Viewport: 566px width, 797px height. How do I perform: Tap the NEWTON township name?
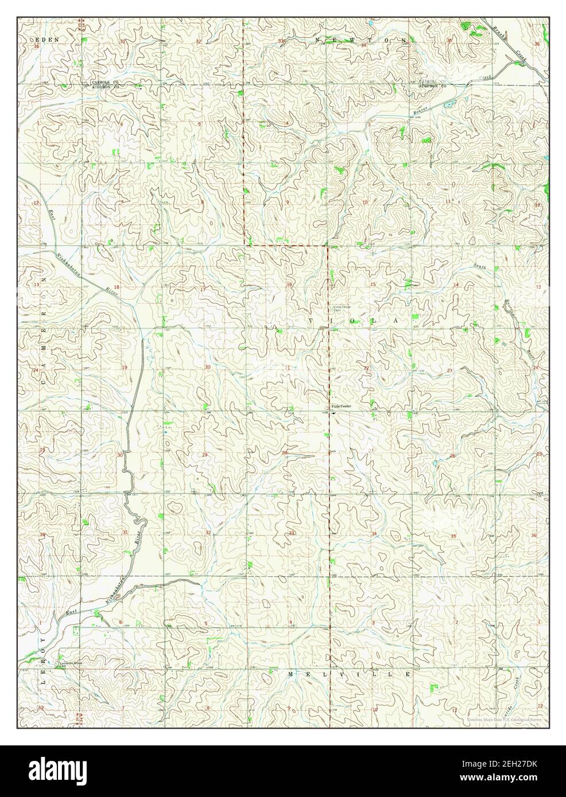coord(362,40)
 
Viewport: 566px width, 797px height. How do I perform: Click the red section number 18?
coord(117,287)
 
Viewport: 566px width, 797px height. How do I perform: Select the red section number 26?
coord(453,456)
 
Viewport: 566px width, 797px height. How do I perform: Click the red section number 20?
coord(207,367)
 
